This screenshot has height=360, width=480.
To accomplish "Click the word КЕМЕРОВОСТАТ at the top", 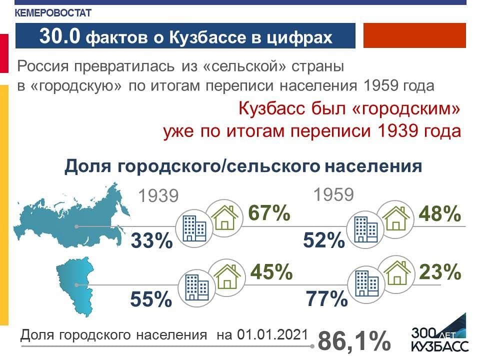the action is [53, 13].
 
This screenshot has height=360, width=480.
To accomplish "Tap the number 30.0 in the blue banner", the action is [60, 36].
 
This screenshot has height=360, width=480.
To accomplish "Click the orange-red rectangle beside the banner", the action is [414, 35].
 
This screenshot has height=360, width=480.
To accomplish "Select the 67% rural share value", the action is [269, 212].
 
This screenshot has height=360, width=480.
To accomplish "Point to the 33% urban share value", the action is [152, 240].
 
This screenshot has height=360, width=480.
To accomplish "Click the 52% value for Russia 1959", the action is [324, 240].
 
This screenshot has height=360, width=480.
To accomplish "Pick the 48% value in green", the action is [440, 213].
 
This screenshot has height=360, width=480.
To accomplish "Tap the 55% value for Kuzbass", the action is [151, 299].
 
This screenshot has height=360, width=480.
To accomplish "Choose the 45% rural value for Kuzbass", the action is [271, 271].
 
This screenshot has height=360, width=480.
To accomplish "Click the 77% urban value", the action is [326, 299].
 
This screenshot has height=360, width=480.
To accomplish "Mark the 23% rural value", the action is [440, 271].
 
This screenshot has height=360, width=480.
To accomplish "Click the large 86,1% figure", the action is [354, 340].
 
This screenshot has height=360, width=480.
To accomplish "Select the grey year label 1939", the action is [158, 196].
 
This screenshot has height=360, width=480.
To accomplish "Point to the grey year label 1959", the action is [333, 194].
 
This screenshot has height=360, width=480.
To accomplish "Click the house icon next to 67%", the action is [224, 217].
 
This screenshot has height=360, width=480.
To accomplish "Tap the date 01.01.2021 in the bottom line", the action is [272, 334].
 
